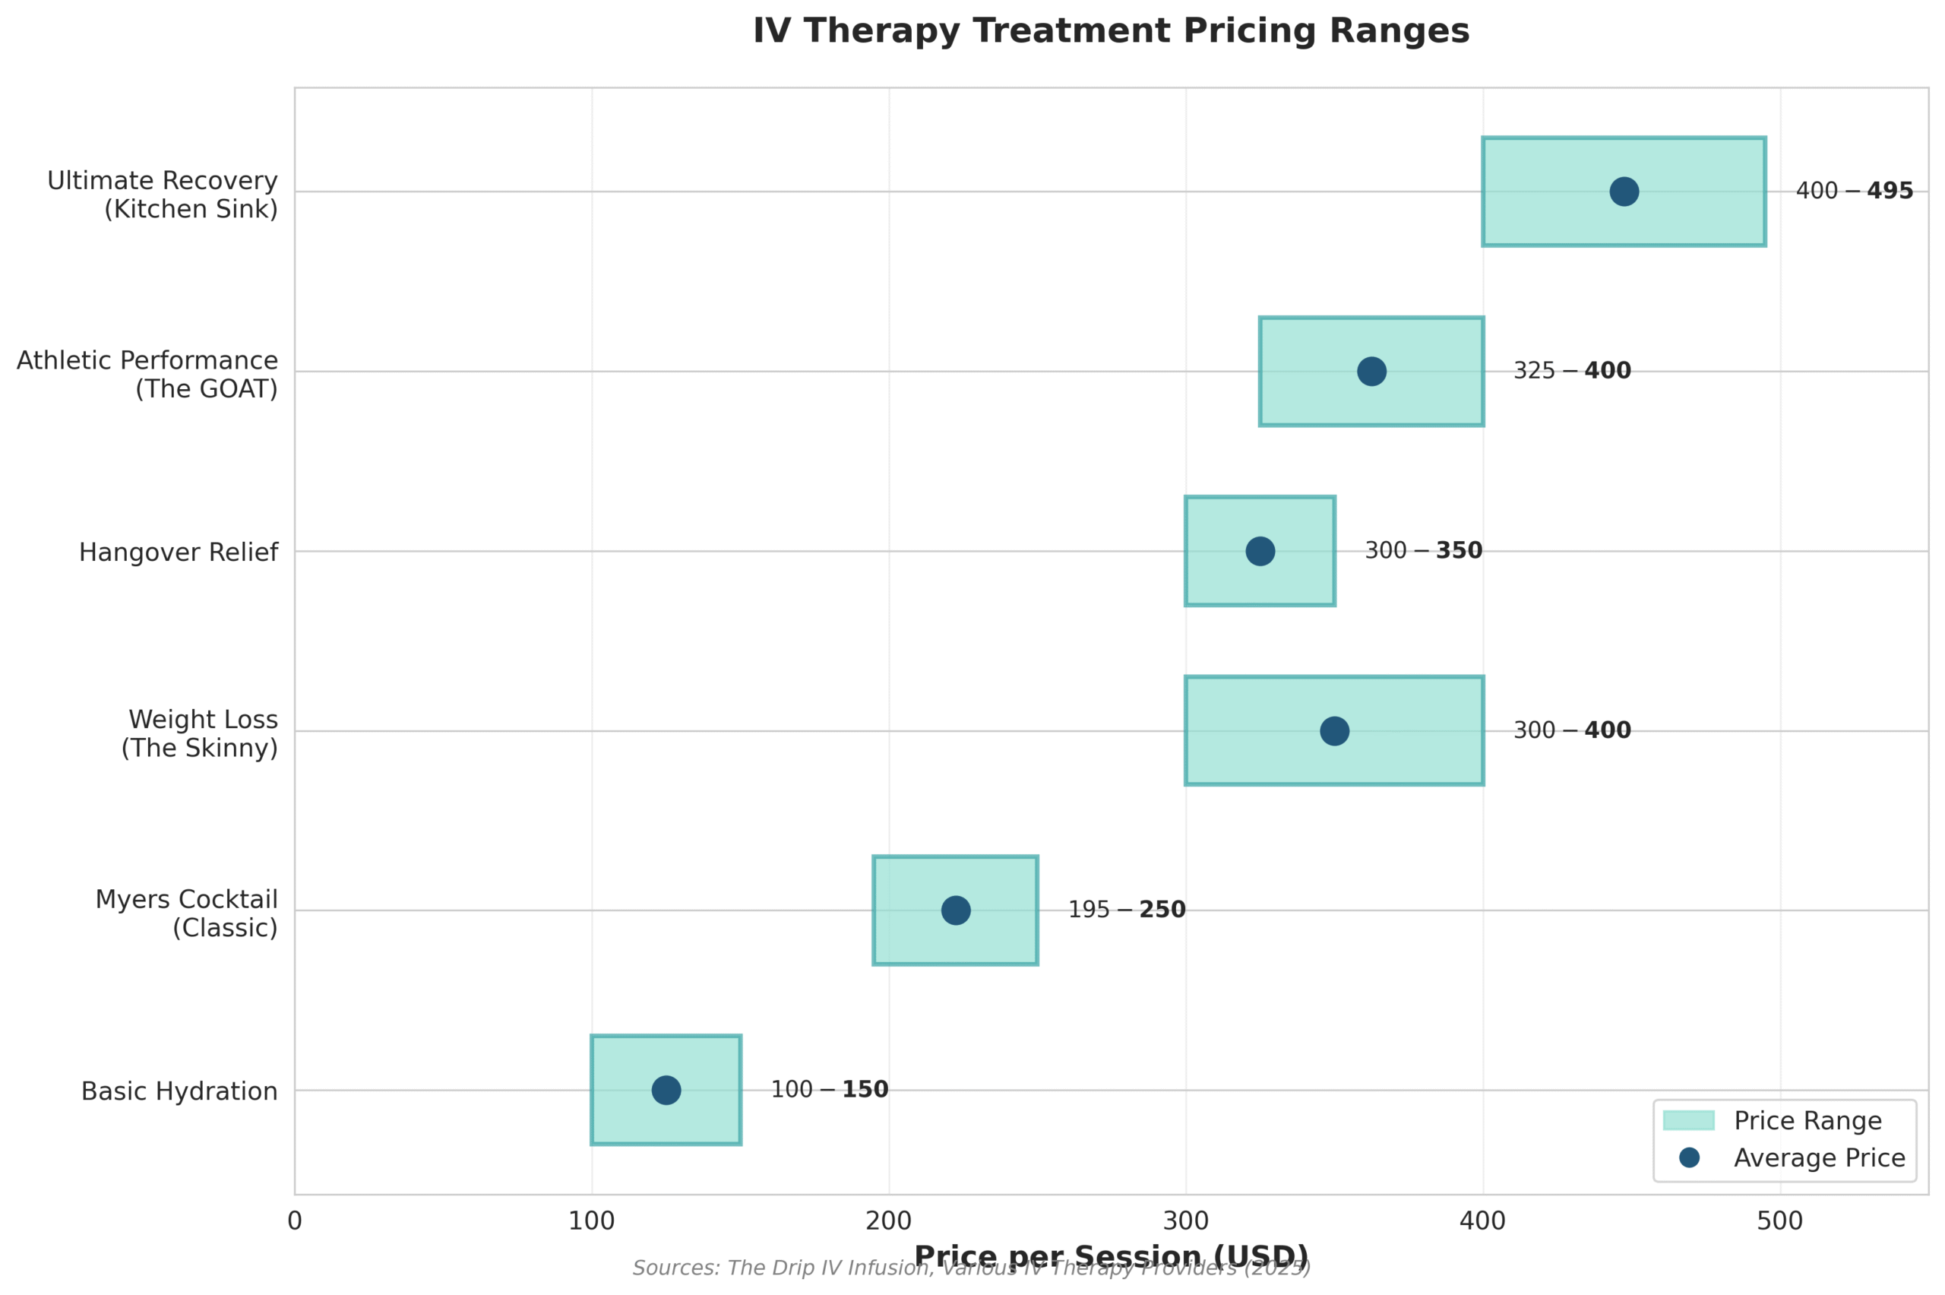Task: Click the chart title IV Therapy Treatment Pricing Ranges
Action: coord(1110,31)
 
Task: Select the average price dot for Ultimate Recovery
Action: coord(1624,192)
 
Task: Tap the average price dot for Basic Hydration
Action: coord(666,1090)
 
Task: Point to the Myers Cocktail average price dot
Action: coord(956,910)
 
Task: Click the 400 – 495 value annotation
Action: coord(1854,192)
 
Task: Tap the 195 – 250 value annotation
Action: coord(1127,910)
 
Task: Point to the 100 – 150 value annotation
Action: coord(830,1090)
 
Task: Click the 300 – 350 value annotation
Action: coord(1423,551)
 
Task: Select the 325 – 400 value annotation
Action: coord(1572,372)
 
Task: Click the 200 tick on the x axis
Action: coord(889,1221)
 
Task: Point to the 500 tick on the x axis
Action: coord(1780,1221)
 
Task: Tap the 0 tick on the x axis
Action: coord(295,1221)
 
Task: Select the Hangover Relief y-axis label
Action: coord(179,553)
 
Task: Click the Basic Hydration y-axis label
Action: coord(179,1092)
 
